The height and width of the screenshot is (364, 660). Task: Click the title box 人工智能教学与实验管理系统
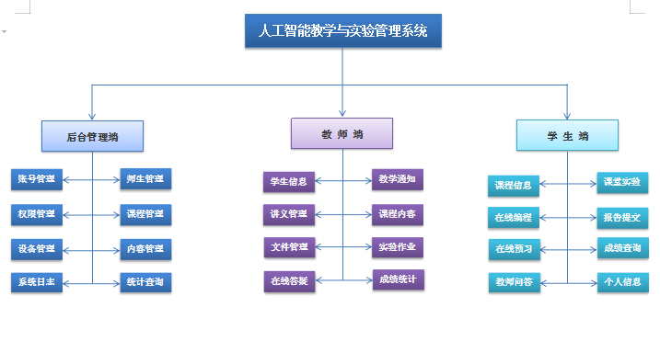(342, 30)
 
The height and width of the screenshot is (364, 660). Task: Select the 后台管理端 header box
(92, 136)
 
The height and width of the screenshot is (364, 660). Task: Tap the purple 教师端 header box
(342, 134)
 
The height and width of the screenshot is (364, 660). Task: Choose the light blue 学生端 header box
(567, 136)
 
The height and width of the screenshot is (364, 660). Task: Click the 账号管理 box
(37, 179)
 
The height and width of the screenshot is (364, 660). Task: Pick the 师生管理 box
(145, 179)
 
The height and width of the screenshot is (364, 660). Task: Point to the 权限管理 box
(37, 214)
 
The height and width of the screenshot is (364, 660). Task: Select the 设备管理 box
(37, 249)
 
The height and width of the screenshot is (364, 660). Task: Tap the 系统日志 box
(37, 282)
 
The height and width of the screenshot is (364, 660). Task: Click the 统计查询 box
(145, 282)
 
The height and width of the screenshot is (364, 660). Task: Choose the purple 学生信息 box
(289, 181)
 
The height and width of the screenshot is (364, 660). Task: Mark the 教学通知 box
(397, 179)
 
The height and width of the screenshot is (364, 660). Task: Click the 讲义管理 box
(289, 214)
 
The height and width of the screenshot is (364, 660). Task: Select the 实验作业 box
(397, 247)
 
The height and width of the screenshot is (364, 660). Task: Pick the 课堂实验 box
(622, 182)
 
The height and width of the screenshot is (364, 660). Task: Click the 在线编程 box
(514, 218)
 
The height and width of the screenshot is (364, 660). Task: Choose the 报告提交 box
(622, 218)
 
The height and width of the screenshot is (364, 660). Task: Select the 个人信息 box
(622, 282)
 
